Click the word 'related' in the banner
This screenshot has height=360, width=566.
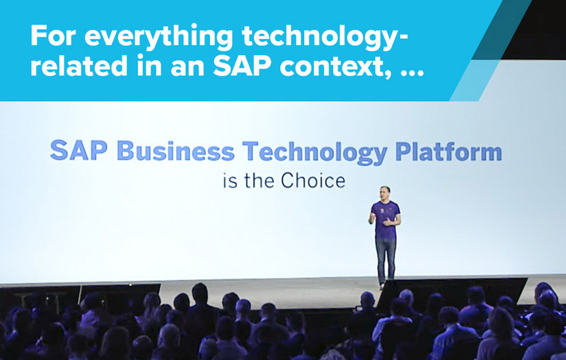pos(79,66)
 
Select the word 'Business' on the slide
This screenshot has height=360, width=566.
pos(175,151)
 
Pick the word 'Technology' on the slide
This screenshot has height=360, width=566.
pos(315,152)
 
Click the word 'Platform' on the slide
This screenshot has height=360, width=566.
pos(449,151)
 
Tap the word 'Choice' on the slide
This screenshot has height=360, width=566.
pos(313,180)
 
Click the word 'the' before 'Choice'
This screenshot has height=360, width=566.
pos(259,180)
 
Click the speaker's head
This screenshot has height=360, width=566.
pos(385,193)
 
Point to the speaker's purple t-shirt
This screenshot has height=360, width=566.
pos(385,220)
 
